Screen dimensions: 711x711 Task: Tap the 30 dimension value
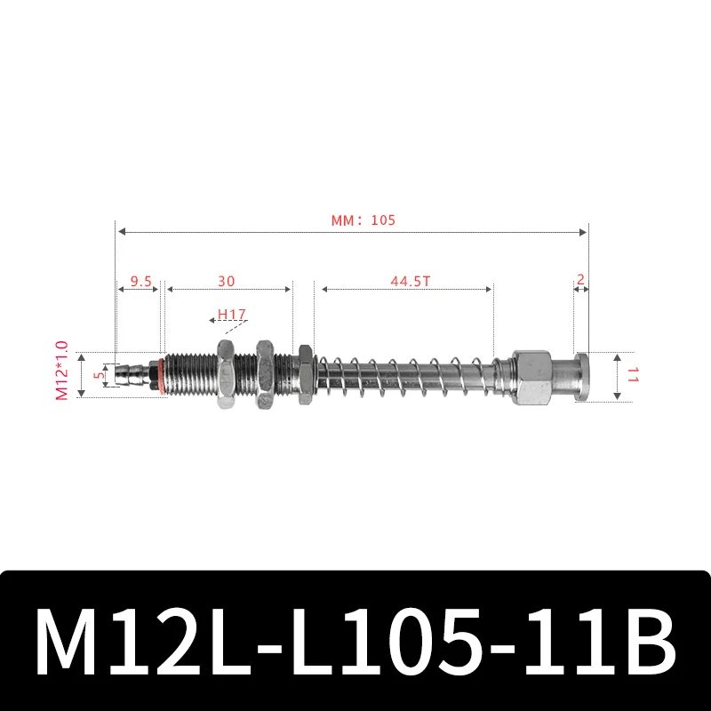227,280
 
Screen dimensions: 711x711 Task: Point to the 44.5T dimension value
410,280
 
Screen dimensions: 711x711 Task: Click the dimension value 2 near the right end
580,279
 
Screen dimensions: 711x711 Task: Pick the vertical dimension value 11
632,375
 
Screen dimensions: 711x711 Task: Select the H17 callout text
232,315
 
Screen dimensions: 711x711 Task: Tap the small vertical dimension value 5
100,374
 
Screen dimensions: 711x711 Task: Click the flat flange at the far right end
581,376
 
